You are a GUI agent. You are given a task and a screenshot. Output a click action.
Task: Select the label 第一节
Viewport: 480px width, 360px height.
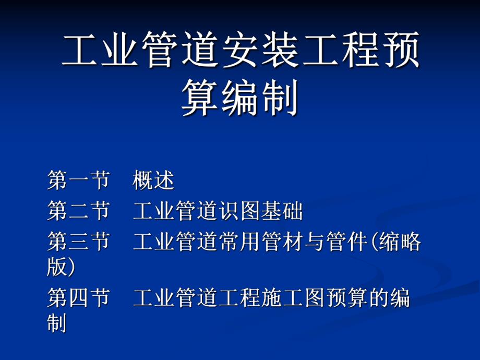point(78,181)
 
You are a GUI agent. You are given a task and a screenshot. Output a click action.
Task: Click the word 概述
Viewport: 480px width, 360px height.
point(153,181)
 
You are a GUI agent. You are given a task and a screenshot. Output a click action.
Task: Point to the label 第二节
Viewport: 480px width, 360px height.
point(78,211)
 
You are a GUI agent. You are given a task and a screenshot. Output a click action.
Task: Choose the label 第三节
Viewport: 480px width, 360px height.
point(78,242)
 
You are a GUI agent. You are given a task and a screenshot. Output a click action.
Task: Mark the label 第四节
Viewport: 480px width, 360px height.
point(78,298)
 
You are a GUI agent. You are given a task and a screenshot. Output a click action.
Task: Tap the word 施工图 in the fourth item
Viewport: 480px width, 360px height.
point(293,298)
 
